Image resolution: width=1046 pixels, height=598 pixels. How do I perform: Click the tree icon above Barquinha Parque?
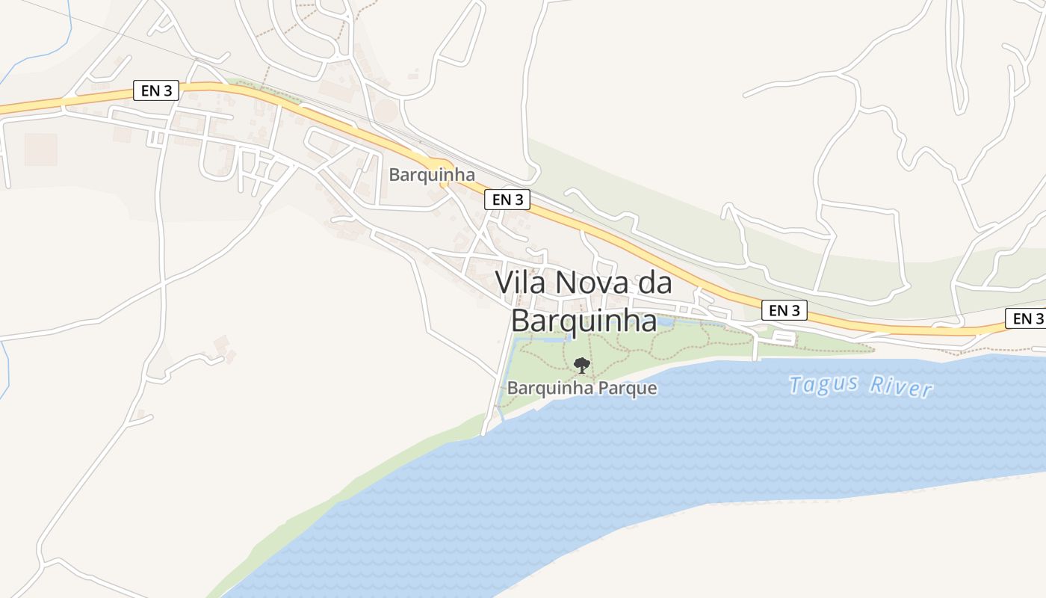(x=581, y=366)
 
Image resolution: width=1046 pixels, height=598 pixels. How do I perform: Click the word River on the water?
(x=901, y=387)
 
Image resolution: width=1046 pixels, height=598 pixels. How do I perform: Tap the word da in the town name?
(x=655, y=283)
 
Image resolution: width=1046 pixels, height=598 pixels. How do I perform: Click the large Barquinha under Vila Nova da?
(x=584, y=321)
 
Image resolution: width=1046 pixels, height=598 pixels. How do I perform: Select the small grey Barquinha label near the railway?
(x=432, y=175)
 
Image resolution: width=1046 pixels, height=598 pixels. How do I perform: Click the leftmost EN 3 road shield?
(x=156, y=90)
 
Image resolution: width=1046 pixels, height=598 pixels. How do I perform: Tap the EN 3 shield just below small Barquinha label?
(x=507, y=200)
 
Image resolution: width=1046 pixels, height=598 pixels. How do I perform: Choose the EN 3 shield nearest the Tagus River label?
(x=784, y=310)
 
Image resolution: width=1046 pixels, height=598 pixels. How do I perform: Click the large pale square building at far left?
(x=41, y=149)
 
